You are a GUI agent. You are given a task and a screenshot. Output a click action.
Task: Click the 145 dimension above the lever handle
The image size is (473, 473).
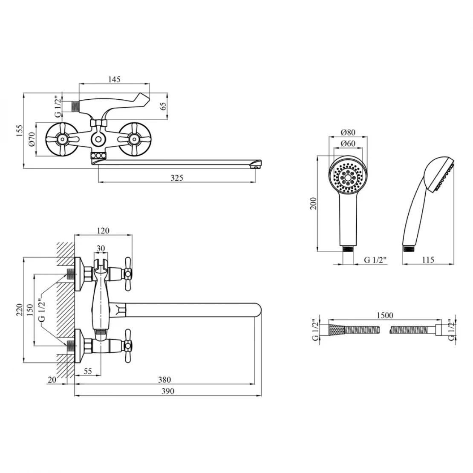tap(114, 79)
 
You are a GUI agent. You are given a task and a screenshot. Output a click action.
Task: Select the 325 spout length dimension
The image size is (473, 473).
tap(177, 178)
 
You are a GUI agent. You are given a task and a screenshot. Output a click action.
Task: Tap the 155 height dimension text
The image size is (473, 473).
tap(19, 131)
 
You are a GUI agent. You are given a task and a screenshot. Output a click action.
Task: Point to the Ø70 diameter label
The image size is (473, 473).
tap(32, 139)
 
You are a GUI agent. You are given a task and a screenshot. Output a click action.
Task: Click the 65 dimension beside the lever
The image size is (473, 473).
tap(163, 106)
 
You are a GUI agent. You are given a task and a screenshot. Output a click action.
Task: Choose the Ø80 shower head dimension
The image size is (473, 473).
tap(348, 132)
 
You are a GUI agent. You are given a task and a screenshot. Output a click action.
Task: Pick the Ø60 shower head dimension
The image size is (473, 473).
tap(348, 144)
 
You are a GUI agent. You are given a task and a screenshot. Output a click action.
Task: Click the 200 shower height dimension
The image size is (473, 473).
tap(313, 203)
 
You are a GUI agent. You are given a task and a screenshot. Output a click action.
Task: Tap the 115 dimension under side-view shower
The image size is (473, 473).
tap(428, 260)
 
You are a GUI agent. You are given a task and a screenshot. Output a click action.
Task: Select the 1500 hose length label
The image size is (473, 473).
tap(385, 315)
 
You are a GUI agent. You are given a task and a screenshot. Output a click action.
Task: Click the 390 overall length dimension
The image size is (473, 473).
tap(168, 391)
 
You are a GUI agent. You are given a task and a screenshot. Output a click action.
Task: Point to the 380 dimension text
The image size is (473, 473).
tap(164, 380)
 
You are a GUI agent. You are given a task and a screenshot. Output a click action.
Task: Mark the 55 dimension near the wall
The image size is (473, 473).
tap(87, 371)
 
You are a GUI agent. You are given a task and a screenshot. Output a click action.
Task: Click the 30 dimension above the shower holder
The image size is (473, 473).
tap(101, 248)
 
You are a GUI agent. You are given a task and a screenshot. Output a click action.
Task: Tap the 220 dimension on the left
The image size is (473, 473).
tap(19, 310)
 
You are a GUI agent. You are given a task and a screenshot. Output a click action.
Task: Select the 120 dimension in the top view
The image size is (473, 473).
tap(103, 231)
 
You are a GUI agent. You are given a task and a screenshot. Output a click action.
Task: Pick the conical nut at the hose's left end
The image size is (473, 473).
tap(336, 329)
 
